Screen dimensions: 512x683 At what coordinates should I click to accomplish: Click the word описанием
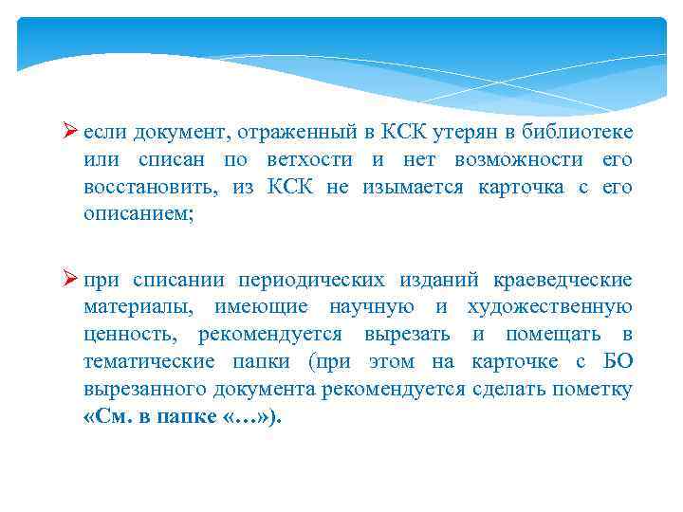pyautogui.click(x=138, y=215)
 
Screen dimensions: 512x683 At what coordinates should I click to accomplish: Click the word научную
pyautogui.click(x=373, y=307)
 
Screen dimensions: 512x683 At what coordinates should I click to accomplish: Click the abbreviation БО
pyautogui.click(x=618, y=362)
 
